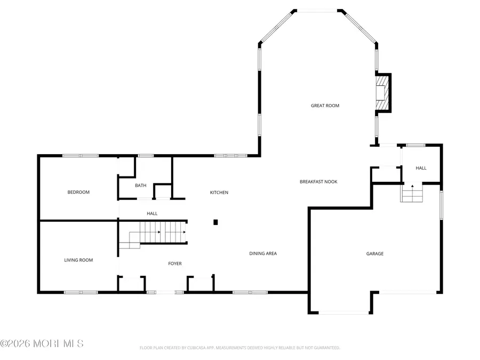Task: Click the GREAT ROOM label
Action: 325,106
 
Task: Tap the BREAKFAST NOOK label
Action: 318,182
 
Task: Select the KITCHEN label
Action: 219,193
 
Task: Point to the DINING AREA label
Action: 263,253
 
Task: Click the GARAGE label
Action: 374,254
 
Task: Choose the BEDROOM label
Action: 78,192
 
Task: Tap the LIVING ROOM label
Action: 78,260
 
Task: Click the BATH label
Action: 140,186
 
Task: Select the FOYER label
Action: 175,263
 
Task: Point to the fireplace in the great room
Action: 382,93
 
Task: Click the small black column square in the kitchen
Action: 215,222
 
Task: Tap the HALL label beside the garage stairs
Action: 421,168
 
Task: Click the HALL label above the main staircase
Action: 152,213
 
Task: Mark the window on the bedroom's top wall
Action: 81,156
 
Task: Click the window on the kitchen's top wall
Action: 231,156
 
